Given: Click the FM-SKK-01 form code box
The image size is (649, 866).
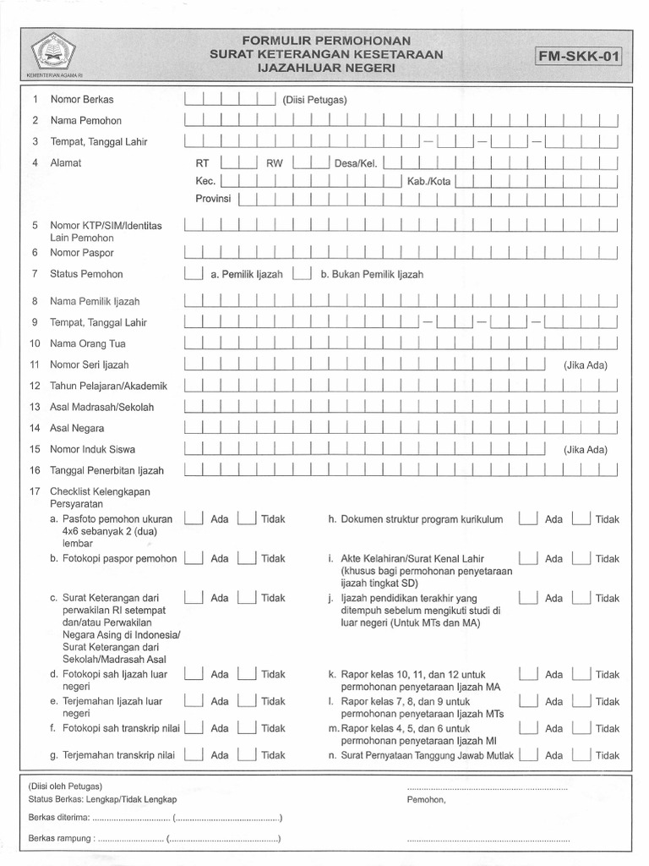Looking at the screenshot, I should [579, 58].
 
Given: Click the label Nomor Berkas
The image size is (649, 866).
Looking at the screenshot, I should [82, 100].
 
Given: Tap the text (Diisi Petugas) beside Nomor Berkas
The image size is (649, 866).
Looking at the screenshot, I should [315, 100].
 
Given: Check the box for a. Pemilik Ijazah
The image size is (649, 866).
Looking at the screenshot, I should [194, 274].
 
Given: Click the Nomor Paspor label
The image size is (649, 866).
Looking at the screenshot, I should [82, 253].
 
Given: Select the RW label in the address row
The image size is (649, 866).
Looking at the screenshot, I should [275, 163].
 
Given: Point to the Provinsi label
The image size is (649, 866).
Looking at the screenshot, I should [214, 199].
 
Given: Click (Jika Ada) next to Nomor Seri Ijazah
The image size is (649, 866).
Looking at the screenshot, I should [586, 365].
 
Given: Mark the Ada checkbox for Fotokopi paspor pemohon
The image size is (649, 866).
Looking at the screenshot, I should [194, 558].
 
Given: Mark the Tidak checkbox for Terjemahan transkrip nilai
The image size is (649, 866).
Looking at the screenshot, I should [246, 755].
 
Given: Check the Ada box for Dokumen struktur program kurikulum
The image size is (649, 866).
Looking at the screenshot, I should [527, 519].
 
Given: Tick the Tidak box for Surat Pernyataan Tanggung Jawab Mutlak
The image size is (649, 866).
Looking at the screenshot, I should [581, 755].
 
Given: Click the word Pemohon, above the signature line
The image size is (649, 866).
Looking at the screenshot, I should [426, 799].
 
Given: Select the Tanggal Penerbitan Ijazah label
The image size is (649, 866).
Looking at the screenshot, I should [106, 471].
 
